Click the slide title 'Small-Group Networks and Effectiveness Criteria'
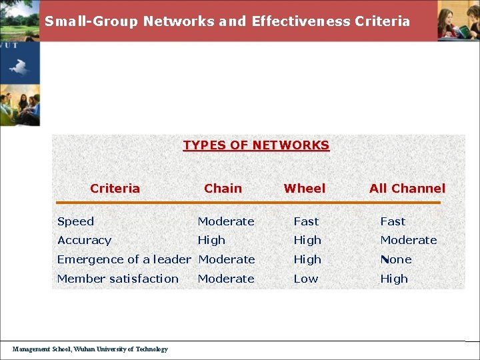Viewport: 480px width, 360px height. (x=227, y=21)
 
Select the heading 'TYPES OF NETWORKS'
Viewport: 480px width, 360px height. (x=256, y=145)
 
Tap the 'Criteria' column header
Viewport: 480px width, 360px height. (x=115, y=189)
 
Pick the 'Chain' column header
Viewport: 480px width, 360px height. (x=223, y=189)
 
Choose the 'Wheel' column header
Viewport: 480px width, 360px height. (x=305, y=189)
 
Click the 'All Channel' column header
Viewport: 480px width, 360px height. (x=407, y=189)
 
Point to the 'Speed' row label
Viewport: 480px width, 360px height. (x=75, y=221)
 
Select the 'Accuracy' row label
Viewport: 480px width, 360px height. (x=84, y=240)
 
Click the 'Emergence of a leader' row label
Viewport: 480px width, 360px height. (x=124, y=259)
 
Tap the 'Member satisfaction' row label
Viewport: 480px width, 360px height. (x=118, y=279)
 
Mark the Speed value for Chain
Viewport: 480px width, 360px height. (x=226, y=221)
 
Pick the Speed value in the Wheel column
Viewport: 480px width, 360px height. (x=306, y=221)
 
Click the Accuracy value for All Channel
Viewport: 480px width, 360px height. (x=408, y=240)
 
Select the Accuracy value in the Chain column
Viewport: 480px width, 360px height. (x=211, y=240)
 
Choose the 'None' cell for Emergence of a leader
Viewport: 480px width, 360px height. (x=395, y=259)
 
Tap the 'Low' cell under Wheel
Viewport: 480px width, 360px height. (x=306, y=279)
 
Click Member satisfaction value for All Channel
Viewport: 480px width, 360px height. (x=393, y=279)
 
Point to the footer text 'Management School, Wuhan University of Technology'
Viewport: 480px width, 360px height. (x=90, y=349)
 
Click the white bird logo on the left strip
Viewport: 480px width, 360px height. (x=19, y=67)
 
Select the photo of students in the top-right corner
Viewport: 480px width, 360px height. (x=458, y=21)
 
